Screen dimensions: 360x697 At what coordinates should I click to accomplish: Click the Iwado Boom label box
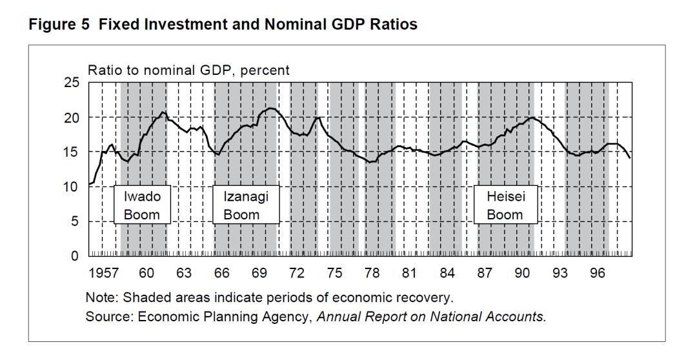pyautogui.click(x=141, y=205)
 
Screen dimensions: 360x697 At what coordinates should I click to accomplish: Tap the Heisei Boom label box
pyautogui.click(x=505, y=205)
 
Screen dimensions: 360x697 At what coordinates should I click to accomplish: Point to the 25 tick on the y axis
pyautogui.click(x=71, y=83)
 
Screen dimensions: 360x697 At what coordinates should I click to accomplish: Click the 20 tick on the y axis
pyautogui.click(x=71, y=117)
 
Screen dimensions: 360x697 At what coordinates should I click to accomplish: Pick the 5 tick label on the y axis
pyautogui.click(x=74, y=221)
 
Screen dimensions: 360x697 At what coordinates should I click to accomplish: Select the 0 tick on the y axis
pyautogui.click(x=74, y=256)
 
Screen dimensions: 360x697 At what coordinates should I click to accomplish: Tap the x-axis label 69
pyautogui.click(x=259, y=274)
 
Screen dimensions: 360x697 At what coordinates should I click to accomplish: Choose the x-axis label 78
pyautogui.click(x=372, y=274)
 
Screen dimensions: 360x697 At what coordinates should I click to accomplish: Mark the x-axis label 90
pyautogui.click(x=522, y=274)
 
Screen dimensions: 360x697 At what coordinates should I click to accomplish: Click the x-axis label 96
pyautogui.click(x=598, y=274)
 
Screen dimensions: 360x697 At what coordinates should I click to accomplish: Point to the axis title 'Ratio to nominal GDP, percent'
pyautogui.click(x=188, y=70)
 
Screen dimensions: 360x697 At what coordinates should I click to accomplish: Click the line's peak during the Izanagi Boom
pyautogui.click(x=270, y=108)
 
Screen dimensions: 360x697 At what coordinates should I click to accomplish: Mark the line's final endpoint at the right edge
pyautogui.click(x=630, y=158)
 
